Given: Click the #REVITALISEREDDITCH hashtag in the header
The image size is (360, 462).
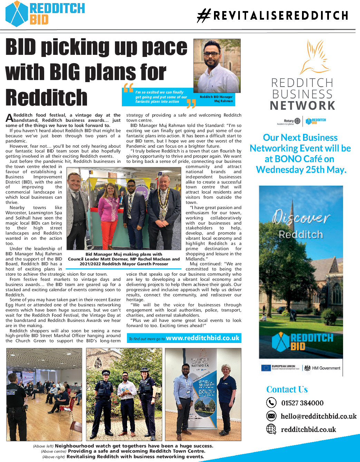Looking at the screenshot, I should coord(273,16).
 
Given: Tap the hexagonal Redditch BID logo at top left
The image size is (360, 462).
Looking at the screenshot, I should coord(17,14).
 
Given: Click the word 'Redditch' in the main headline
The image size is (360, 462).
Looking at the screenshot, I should coord(47,98).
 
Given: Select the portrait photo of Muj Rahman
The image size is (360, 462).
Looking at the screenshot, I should coord(217,66).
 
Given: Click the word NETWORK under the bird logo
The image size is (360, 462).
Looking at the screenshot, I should coord(303,106).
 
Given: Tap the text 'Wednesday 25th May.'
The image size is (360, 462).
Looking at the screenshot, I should coord(301,170).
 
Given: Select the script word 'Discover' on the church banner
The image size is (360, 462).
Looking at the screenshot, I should coord(301,217).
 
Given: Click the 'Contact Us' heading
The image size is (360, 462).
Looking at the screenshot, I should coord(287,390).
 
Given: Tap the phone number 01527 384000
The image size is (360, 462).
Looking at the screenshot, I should coord(302,403).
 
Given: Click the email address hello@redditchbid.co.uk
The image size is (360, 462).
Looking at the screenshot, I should coord(319,416).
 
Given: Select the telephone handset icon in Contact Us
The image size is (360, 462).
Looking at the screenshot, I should coord(271,403).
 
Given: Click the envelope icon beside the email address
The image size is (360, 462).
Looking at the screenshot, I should coord(271,416).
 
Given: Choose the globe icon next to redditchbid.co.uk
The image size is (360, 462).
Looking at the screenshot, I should coord(271,429).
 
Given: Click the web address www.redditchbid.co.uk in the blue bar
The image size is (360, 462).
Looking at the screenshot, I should coord(203,338).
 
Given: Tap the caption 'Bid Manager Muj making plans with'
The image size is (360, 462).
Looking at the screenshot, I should coord(124,254).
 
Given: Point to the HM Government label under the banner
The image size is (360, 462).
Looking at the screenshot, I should coord(326,368).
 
